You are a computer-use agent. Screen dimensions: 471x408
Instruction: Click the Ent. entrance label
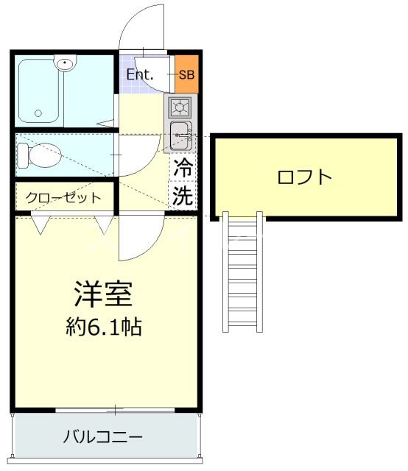pos(139,74)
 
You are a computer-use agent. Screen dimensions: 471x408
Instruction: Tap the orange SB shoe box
pos(187,74)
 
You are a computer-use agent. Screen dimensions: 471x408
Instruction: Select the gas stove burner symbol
pos(179,107)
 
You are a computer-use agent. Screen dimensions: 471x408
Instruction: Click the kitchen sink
pos(180,135)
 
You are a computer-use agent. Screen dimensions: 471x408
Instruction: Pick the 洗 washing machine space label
pos(183,196)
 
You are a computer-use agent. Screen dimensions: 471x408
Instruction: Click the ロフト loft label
pos(305,177)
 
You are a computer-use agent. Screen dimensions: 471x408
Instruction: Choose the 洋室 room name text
pos(103,294)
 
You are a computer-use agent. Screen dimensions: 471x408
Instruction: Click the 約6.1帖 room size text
pos(103,326)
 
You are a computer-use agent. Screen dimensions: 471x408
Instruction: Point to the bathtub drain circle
pos(38,114)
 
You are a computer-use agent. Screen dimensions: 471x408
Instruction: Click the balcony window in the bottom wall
pos(116,408)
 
